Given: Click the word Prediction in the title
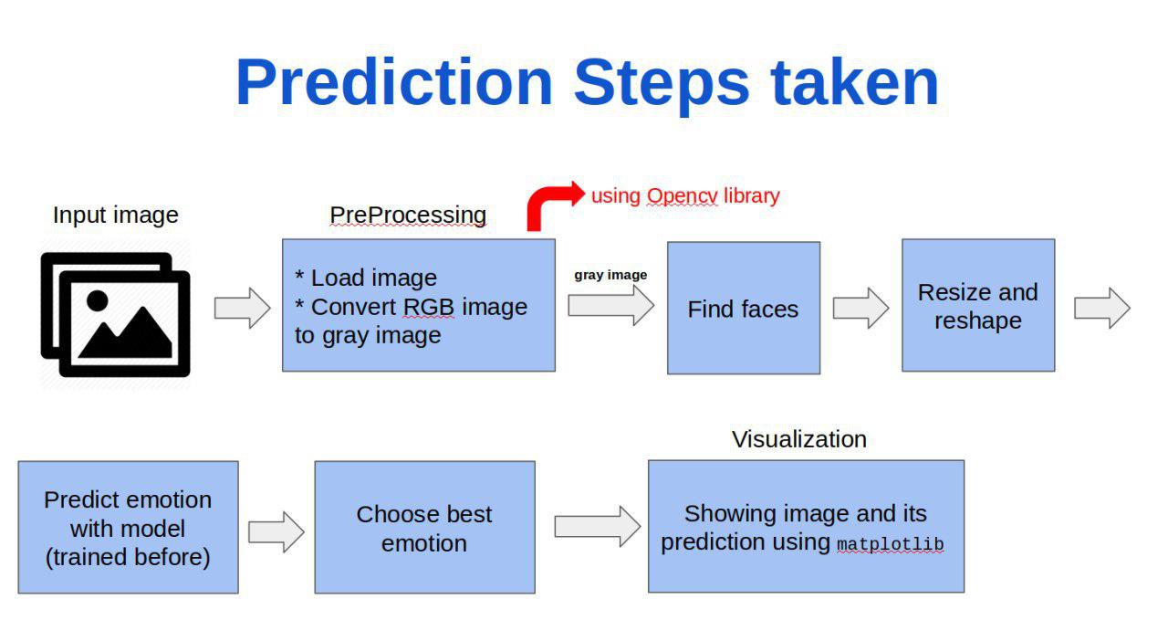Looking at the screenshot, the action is [x=394, y=83].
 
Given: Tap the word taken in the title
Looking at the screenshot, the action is [x=855, y=82].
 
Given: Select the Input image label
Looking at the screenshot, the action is [x=116, y=215].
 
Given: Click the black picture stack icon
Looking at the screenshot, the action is [x=115, y=314].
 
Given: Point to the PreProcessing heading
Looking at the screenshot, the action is [x=408, y=215].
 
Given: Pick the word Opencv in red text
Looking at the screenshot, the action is [x=682, y=196].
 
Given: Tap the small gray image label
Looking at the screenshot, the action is [x=610, y=275].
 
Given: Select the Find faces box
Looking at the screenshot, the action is [x=744, y=308].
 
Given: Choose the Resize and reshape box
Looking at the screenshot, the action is [x=978, y=305].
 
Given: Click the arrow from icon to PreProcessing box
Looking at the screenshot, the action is [x=243, y=308].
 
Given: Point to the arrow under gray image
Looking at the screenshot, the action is [x=611, y=305].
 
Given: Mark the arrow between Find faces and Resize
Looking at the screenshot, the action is [x=860, y=308].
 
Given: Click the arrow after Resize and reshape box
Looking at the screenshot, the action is [x=1102, y=308].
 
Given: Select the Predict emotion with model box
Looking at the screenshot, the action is [x=129, y=527].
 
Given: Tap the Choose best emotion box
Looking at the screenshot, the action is [x=425, y=527].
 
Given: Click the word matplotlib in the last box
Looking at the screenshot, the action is [x=891, y=544].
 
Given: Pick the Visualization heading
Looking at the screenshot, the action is [x=799, y=439].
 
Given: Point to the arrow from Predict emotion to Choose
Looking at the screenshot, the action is [x=276, y=532].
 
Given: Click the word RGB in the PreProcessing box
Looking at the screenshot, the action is [x=429, y=307].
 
